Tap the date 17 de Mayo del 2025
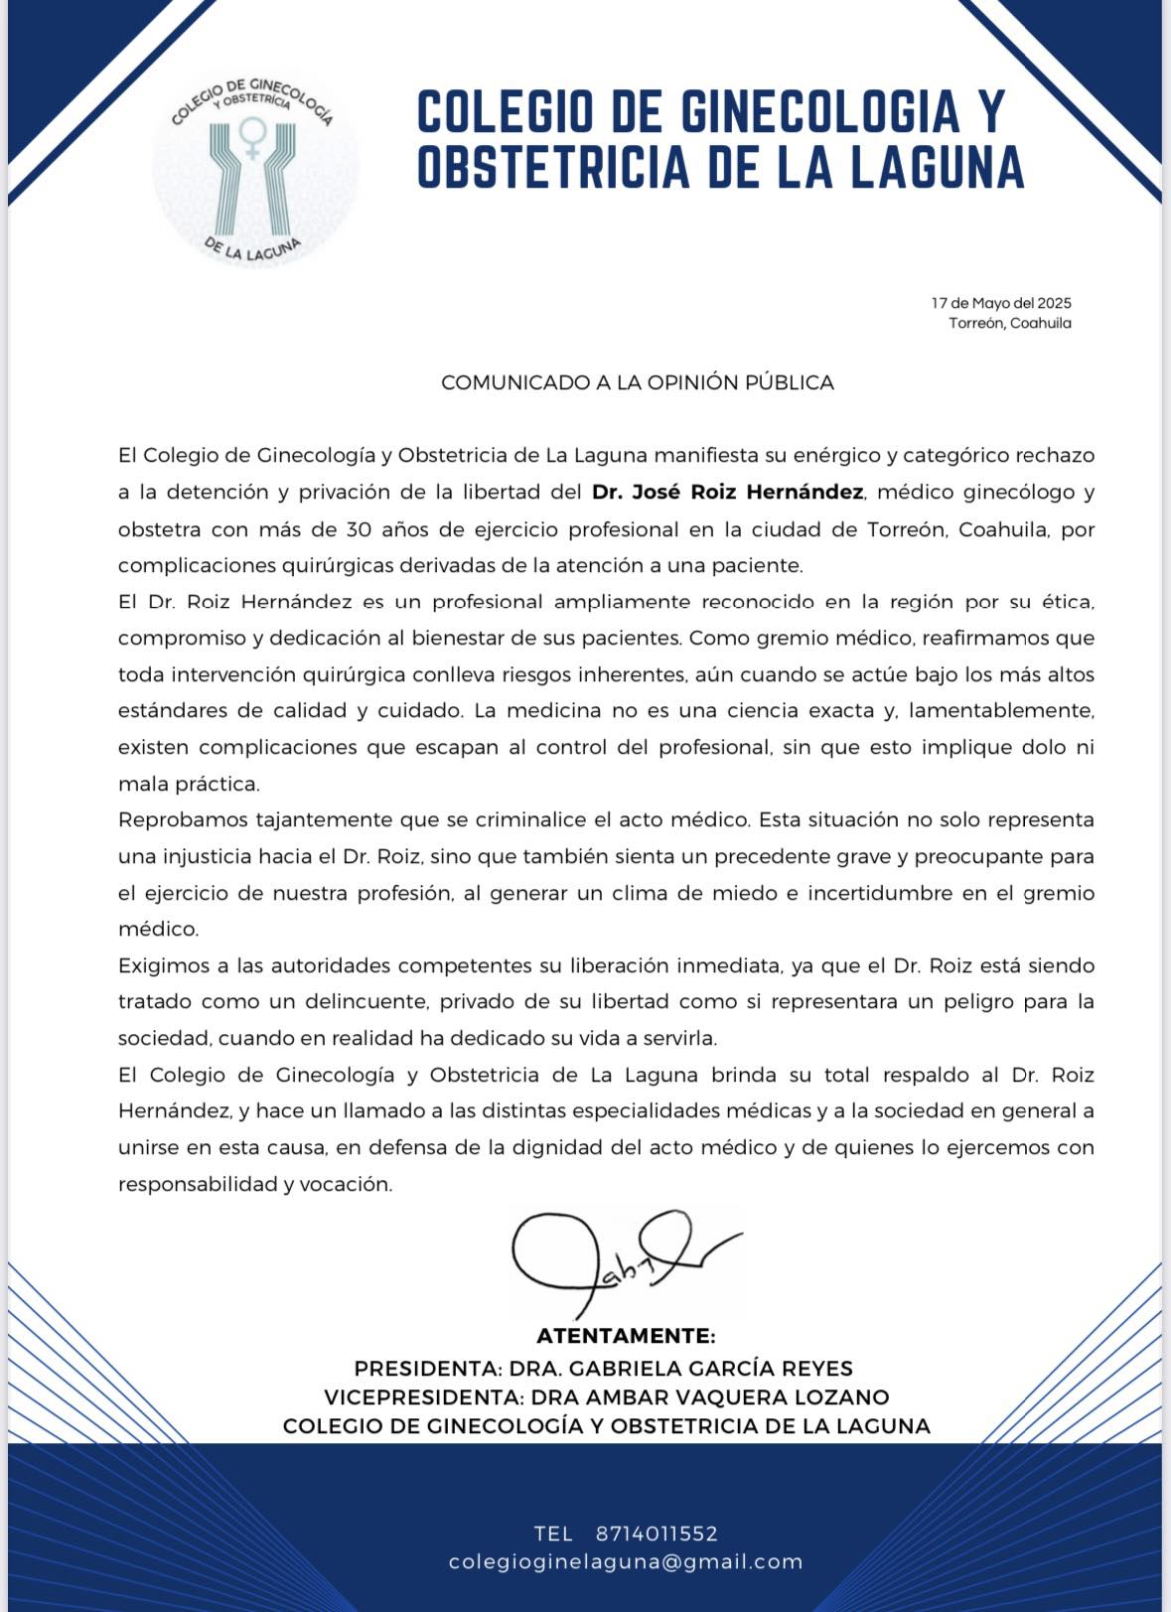point(1001,303)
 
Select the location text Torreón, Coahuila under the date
point(1009,323)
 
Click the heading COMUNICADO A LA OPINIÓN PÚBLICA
point(637,382)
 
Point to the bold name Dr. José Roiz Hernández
point(727,492)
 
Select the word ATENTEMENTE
point(626,1336)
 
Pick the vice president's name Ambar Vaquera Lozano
point(737,1397)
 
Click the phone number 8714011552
point(657,1534)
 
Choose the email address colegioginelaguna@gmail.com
point(626,1561)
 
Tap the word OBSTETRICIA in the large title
point(553,166)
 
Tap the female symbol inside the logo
point(253,137)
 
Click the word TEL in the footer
point(553,1534)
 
